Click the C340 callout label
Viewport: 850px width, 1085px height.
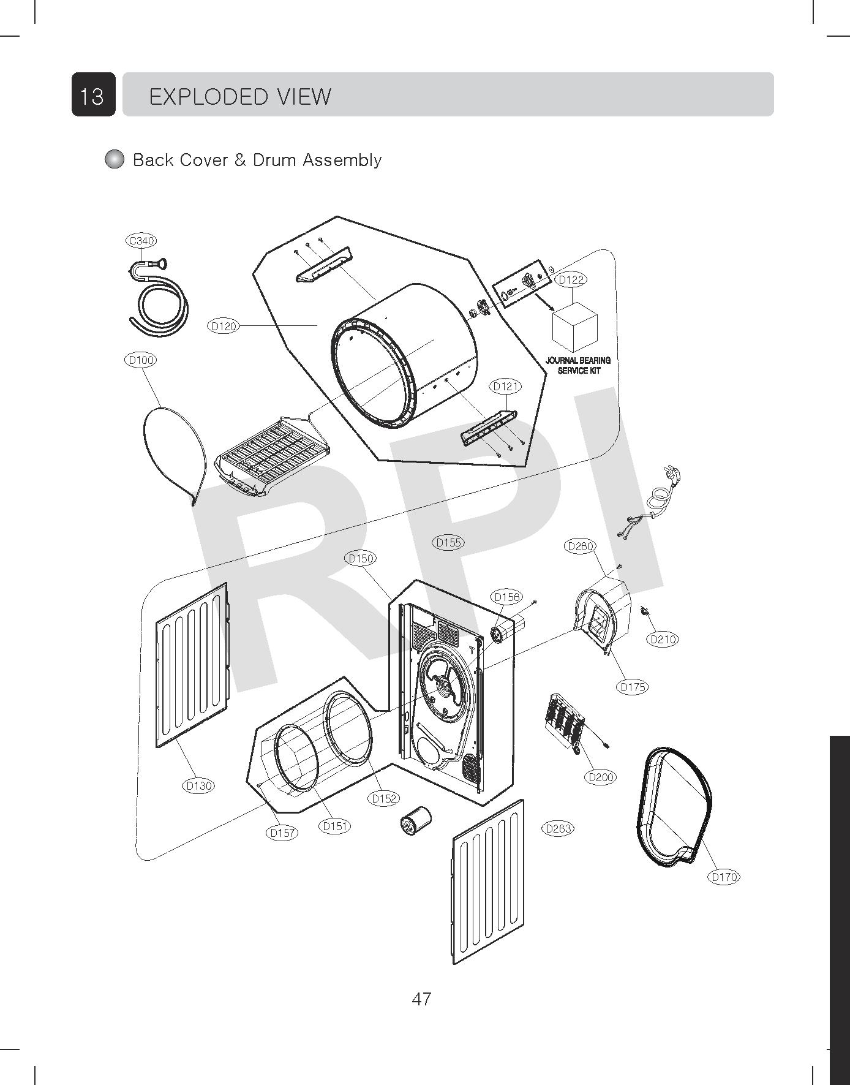(141, 241)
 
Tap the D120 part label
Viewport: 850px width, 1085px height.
(224, 326)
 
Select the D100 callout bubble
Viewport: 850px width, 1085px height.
(140, 360)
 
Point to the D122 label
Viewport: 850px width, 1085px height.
(571, 279)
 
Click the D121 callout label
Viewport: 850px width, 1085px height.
(506, 386)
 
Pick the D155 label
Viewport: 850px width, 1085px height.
(448, 542)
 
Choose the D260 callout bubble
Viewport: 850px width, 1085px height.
(579, 546)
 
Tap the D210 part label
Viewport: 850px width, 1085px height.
(663, 639)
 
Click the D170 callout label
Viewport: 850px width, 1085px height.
(724, 877)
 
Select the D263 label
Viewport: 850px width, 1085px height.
(558, 828)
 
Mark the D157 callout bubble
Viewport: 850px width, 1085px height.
(282, 833)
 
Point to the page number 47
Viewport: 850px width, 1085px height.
(421, 999)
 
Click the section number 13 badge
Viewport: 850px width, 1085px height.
(93, 95)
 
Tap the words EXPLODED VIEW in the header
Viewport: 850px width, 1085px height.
(240, 96)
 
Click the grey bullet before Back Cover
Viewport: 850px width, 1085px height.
(115, 159)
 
